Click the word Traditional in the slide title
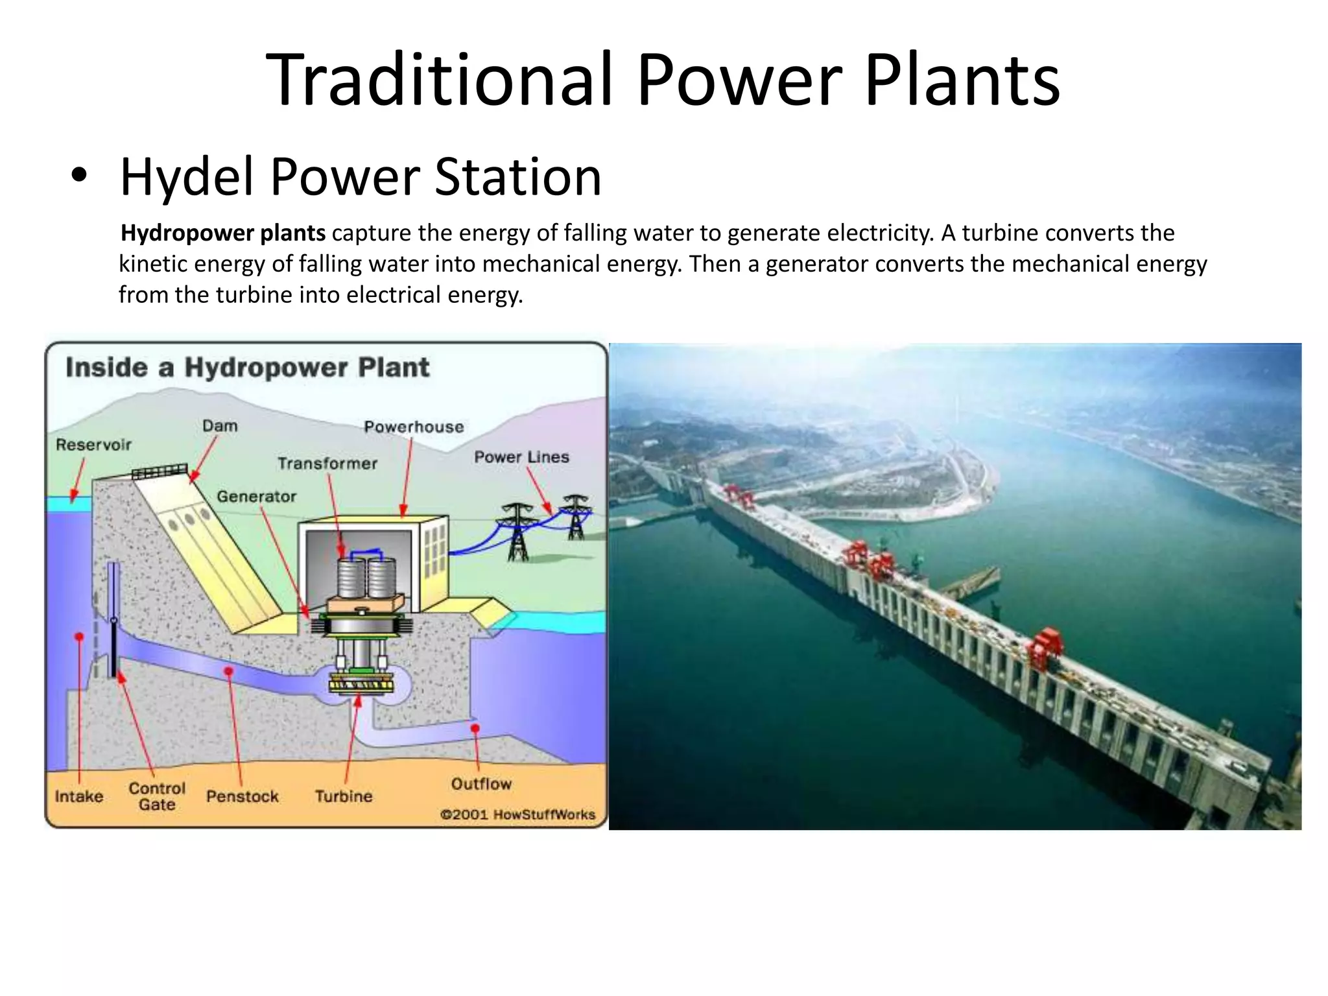click(x=438, y=80)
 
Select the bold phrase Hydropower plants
click(x=223, y=233)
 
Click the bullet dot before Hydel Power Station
click(x=79, y=178)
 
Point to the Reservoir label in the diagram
click(x=93, y=445)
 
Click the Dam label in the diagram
click(x=220, y=426)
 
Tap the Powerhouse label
click(x=414, y=427)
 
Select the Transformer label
click(x=327, y=463)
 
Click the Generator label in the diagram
click(x=256, y=496)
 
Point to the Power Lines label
click(x=521, y=457)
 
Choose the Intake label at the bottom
click(x=78, y=796)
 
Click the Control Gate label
click(x=157, y=796)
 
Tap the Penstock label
click(x=242, y=796)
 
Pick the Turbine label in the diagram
click(x=344, y=796)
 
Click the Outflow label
click(x=481, y=784)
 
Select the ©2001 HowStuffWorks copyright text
click(x=517, y=814)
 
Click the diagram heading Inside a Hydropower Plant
click(x=247, y=368)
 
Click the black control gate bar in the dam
click(x=114, y=648)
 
